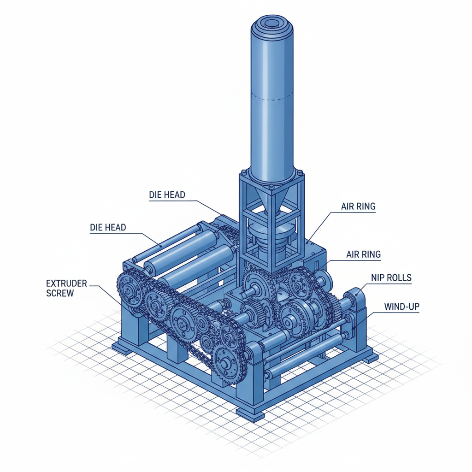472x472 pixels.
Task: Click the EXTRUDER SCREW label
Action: (66, 288)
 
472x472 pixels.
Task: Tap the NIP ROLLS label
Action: (391, 277)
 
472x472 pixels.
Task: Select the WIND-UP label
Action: (401, 307)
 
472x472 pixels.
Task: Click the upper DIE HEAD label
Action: (167, 195)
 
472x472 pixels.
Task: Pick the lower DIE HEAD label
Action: (108, 227)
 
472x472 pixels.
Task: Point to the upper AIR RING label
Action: (358, 206)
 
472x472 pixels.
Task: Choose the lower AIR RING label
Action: (363, 254)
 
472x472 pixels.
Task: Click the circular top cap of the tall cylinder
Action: (272, 25)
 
